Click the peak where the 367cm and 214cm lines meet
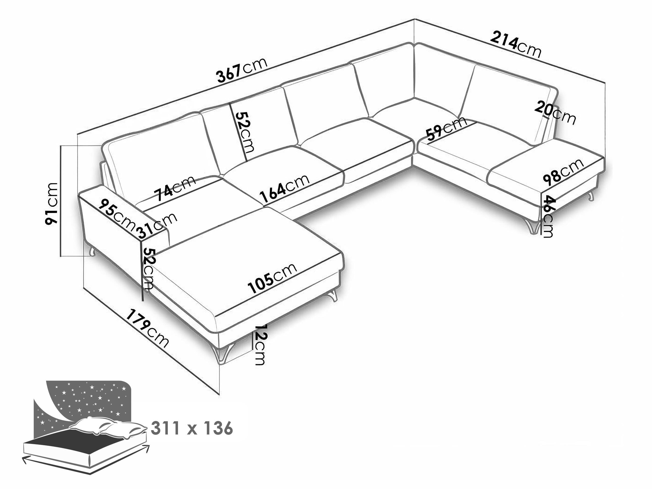pos(414,19)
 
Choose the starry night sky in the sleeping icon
pos(86,404)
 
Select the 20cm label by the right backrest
pos(555,113)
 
